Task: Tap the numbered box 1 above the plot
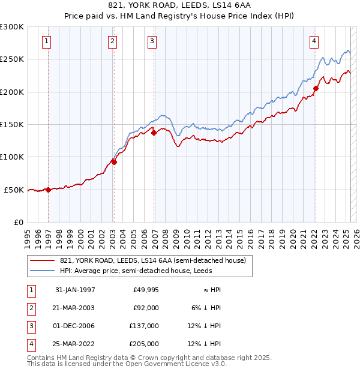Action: pyautogui.click(x=47, y=41)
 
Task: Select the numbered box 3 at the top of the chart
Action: pyautogui.click(x=152, y=41)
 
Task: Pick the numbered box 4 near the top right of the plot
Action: pyautogui.click(x=314, y=41)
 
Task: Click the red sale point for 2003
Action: pyautogui.click(x=113, y=161)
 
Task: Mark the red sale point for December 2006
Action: pyautogui.click(x=154, y=133)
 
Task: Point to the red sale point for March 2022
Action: pyautogui.click(x=316, y=89)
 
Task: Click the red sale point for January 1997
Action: pyautogui.click(x=48, y=190)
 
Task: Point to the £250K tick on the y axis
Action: pyautogui.click(x=13, y=59)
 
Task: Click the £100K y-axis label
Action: pyautogui.click(x=13, y=157)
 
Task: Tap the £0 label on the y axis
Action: pyautogui.click(x=18, y=222)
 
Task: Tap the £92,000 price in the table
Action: pyautogui.click(x=146, y=308)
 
